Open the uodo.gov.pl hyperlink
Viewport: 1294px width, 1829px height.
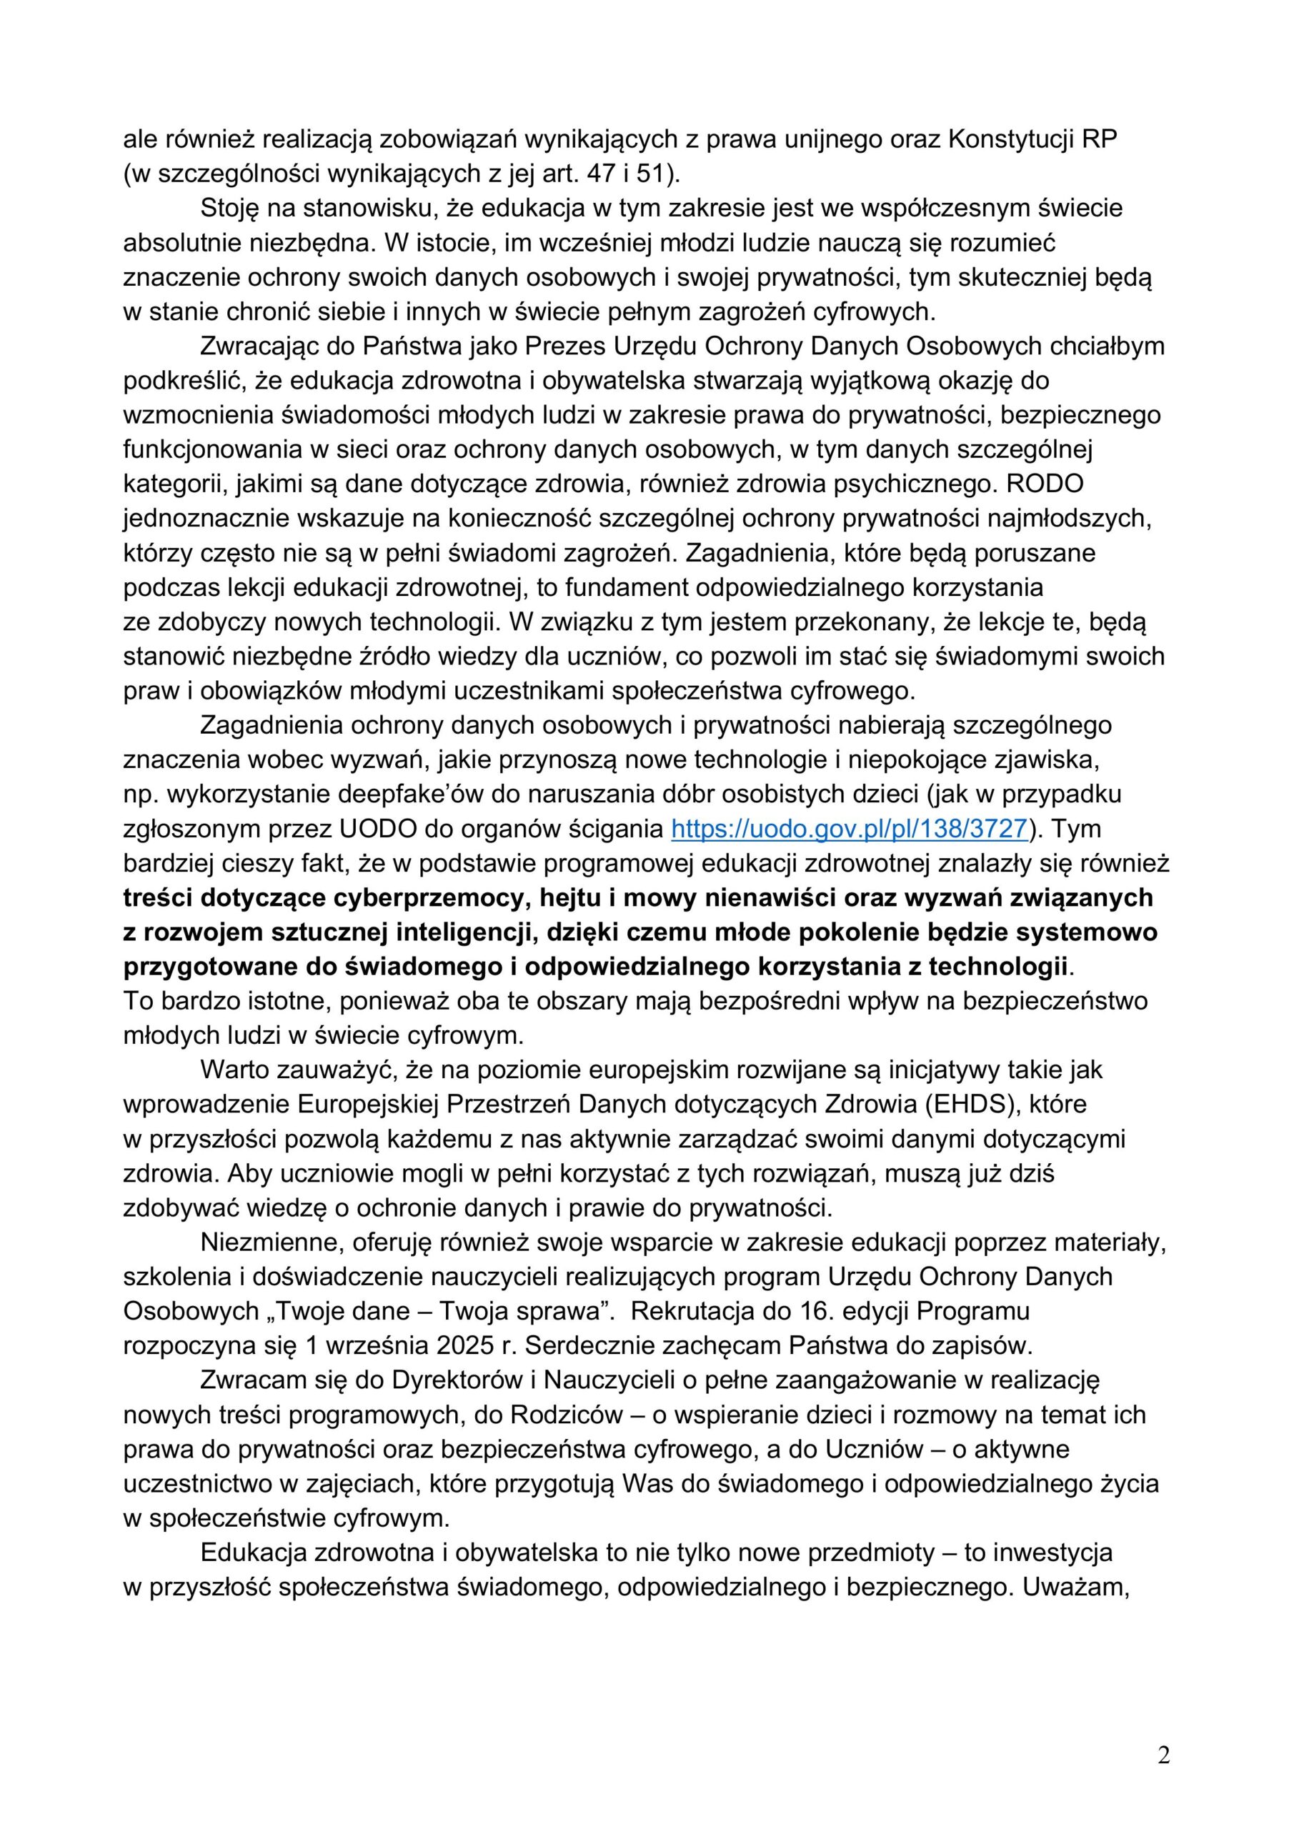(850, 829)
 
